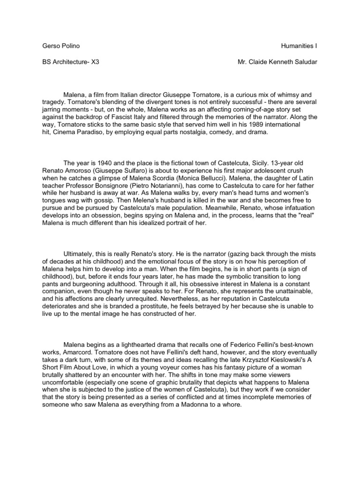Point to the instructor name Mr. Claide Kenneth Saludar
277,62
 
